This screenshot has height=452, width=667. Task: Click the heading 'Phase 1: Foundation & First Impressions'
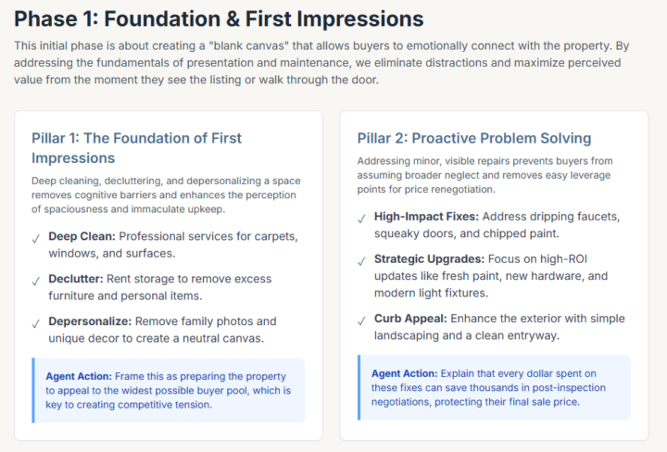click(219, 19)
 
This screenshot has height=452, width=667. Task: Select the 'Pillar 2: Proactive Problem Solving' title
click(474, 138)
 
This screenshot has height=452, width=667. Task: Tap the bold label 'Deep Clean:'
click(82, 236)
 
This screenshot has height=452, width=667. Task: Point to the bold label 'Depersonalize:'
click(90, 321)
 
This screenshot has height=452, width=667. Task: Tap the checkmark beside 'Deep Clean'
click(35, 238)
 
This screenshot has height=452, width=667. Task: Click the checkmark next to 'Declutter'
click(35, 281)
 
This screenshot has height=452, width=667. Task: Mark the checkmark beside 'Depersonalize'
click(35, 323)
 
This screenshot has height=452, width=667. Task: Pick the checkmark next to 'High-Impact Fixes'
click(361, 219)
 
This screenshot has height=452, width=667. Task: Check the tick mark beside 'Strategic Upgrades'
click(361, 261)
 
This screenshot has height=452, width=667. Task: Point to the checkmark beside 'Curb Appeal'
click(361, 321)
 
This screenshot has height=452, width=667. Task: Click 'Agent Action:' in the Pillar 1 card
click(79, 376)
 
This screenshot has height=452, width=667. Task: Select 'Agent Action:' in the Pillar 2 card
click(405, 372)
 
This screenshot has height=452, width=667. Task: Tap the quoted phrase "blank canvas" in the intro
click(287, 46)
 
